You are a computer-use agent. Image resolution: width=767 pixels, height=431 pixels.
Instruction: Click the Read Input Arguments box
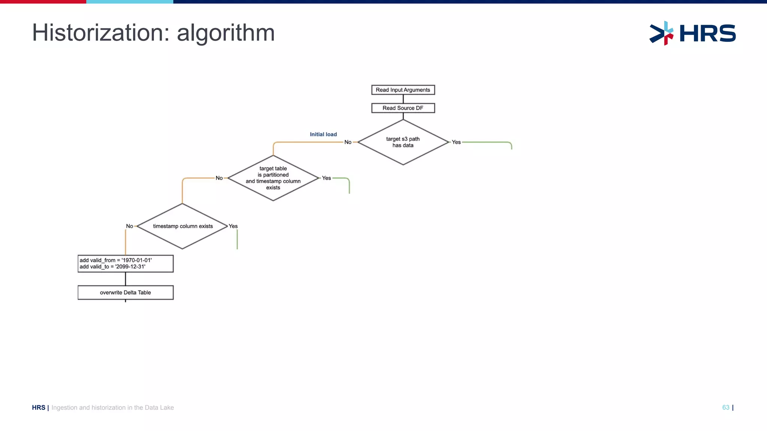(403, 90)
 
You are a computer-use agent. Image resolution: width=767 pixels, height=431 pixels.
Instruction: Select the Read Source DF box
(403, 108)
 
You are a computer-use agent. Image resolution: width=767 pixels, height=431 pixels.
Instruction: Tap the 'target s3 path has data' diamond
(403, 142)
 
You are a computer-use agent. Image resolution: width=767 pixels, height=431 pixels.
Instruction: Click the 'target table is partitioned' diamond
(273, 178)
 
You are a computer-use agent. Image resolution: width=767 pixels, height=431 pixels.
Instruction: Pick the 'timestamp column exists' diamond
(183, 226)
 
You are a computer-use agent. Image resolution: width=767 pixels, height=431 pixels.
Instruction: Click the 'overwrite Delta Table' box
(125, 293)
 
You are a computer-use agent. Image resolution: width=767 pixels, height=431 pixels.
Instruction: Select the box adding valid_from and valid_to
(125, 263)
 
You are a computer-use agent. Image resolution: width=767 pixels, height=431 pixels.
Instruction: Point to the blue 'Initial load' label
(323, 134)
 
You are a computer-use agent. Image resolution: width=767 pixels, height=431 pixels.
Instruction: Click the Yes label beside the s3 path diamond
(456, 142)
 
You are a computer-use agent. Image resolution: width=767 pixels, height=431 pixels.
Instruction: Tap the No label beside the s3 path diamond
(348, 142)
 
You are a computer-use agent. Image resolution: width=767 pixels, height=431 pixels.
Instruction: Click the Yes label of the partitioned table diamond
(327, 178)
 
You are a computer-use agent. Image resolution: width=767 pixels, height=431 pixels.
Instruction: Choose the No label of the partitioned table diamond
(219, 178)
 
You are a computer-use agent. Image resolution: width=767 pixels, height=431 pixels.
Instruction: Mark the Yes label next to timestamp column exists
(233, 226)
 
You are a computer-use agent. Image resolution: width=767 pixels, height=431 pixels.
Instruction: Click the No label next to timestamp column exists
(130, 226)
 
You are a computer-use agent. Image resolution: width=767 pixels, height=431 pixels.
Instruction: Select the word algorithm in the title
(226, 34)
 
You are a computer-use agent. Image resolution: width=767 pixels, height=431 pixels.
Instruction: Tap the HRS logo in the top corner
(692, 33)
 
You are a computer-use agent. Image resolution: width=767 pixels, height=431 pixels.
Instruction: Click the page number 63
(725, 407)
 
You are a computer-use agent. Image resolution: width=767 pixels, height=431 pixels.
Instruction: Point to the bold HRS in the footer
(39, 407)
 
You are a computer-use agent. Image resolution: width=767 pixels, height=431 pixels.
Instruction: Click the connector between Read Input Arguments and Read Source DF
(403, 99)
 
